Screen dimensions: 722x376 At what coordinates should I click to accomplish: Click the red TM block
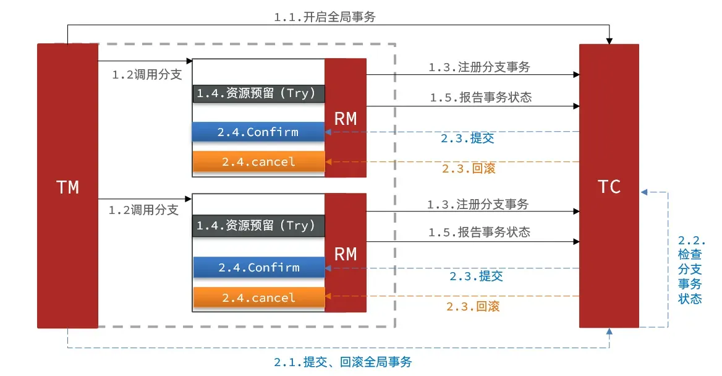(68, 186)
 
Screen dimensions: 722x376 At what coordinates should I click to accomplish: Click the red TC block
(609, 186)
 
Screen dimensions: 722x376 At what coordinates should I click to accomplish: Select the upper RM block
(346, 117)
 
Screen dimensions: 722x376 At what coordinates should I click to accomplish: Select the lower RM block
(346, 252)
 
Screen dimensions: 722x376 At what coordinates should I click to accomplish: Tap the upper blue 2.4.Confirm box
(258, 132)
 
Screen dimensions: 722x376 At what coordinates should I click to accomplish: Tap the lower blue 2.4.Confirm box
(259, 267)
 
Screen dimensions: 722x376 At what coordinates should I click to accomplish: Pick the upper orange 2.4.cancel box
(258, 162)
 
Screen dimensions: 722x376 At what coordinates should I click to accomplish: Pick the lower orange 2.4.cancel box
(259, 297)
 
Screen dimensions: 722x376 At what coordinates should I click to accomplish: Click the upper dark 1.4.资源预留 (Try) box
(258, 93)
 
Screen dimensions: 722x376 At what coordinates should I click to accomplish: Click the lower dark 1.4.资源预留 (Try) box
(258, 225)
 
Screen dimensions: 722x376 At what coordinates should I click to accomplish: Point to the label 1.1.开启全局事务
(325, 17)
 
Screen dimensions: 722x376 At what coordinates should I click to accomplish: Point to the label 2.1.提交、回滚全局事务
(342, 362)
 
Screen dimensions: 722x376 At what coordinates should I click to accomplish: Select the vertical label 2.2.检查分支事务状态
(691, 270)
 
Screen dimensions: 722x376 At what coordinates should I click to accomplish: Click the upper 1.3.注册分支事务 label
(479, 67)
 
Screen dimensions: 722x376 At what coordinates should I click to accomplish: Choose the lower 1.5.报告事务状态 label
(479, 233)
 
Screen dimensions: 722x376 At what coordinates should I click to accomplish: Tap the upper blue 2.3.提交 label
(467, 139)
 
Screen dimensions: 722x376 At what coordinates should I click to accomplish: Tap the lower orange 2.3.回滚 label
(473, 306)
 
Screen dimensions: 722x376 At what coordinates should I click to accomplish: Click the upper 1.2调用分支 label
(147, 75)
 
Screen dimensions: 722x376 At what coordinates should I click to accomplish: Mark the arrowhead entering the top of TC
(609, 41)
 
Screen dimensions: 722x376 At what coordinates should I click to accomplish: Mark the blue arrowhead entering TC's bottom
(609, 331)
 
